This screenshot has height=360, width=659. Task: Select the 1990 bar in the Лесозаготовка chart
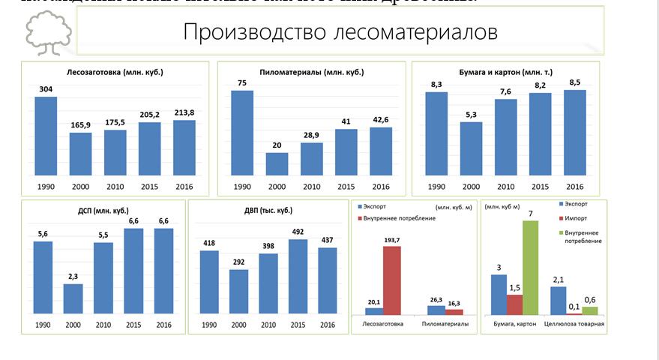(46, 135)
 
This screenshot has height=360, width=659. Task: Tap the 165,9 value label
(80, 124)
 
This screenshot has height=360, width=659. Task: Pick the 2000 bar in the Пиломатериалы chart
(277, 163)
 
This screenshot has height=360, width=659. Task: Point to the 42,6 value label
(380, 119)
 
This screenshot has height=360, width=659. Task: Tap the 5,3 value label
(471, 114)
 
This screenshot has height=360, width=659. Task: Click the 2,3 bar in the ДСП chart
(73, 298)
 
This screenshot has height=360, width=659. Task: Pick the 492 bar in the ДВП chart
(298, 276)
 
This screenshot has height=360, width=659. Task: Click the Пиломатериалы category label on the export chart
(445, 325)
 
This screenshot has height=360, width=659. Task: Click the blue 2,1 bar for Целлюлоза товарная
(558, 300)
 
